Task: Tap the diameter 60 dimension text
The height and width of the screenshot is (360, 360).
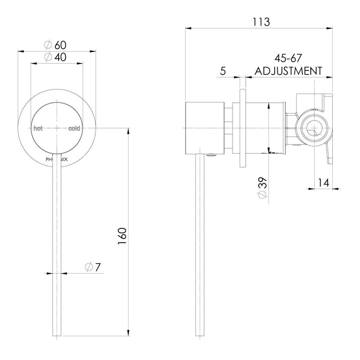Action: click(57, 45)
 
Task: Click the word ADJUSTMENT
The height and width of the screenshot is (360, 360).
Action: click(286, 70)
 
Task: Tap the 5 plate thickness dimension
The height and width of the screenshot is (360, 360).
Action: click(223, 71)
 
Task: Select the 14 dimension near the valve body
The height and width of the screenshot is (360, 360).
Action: click(323, 182)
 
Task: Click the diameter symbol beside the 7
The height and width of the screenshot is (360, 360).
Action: click(88, 267)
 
